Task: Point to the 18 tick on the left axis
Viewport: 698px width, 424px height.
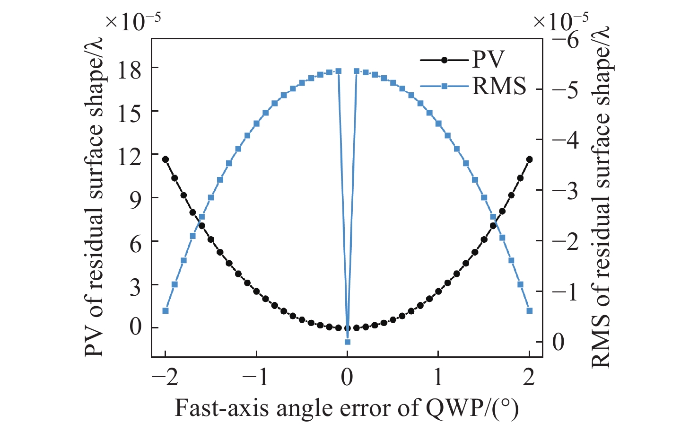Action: (x=129, y=71)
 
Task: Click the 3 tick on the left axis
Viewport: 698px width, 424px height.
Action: (x=136, y=287)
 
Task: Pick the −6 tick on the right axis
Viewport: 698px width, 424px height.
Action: (x=566, y=39)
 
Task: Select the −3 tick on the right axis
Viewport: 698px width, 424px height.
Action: (x=566, y=191)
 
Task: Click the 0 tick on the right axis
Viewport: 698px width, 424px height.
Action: (x=558, y=342)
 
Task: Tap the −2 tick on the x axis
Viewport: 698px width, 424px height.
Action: (x=166, y=377)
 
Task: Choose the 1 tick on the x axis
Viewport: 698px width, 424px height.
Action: (x=438, y=377)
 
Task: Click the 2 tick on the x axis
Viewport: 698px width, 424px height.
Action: (x=529, y=377)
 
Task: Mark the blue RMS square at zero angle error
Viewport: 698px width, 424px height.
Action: (x=348, y=342)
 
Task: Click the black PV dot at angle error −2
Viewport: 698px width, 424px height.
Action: (x=166, y=159)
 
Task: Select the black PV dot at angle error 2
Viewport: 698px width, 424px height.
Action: (x=529, y=159)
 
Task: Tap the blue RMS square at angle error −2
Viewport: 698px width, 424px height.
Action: (x=166, y=311)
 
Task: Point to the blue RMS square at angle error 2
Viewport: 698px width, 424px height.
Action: (x=529, y=311)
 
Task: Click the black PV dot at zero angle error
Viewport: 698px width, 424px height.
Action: (x=348, y=328)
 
